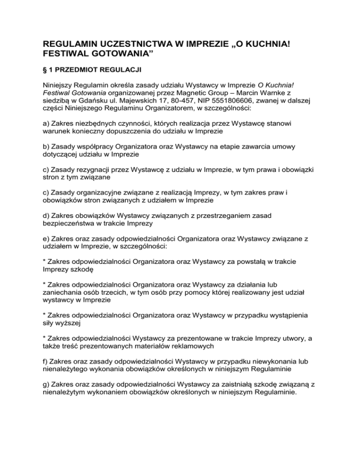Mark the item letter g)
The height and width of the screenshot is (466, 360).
[x=42, y=383]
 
